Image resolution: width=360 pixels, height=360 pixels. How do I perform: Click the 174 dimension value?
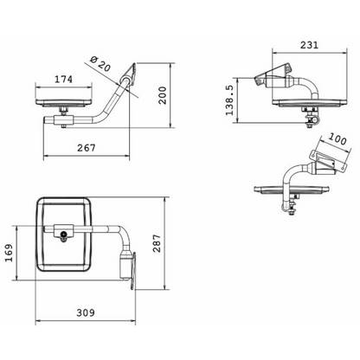[64, 79]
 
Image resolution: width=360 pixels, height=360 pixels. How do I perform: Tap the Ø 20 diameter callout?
[100, 64]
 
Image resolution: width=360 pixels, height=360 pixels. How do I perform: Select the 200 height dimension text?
[163, 95]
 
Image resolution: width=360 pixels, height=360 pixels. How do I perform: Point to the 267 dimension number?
[86, 148]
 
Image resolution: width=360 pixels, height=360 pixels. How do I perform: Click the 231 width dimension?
[309, 45]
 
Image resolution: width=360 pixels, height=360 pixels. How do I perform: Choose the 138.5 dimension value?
[229, 100]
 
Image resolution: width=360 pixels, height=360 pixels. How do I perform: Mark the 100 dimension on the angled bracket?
[337, 139]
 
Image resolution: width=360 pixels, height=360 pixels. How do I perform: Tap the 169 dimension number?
[9, 253]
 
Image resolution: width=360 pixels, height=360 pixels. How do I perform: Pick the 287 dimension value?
[157, 243]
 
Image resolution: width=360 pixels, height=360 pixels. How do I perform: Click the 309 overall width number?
[86, 312]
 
